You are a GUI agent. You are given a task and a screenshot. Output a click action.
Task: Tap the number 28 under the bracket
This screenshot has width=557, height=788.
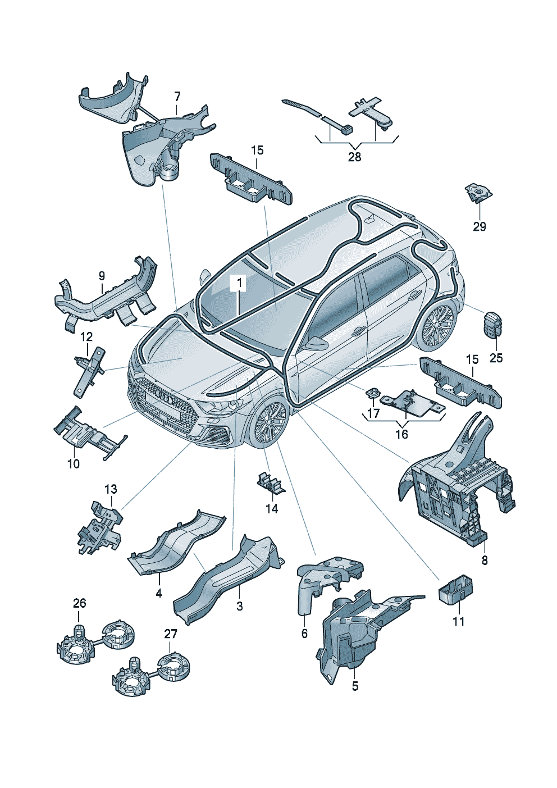pyautogui.click(x=354, y=157)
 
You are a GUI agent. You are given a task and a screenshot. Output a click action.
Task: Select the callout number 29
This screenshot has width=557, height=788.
pyautogui.click(x=480, y=226)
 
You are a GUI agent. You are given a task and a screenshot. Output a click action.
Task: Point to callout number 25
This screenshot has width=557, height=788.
pyautogui.click(x=496, y=358)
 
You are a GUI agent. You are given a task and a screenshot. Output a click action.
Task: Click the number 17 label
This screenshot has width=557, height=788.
pyautogui.click(x=373, y=413)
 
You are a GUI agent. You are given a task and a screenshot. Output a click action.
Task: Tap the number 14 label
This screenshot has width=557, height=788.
pyautogui.click(x=272, y=509)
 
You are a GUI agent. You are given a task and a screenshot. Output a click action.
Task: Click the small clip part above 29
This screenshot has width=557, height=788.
pyautogui.click(x=478, y=193)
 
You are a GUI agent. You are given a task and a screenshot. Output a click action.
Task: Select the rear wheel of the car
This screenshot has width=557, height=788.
pyautogui.click(x=436, y=323)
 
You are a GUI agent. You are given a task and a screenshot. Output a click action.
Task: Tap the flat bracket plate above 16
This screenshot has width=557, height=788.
pyautogui.click(x=412, y=400)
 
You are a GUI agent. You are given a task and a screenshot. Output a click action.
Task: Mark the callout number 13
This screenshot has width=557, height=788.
pyautogui.click(x=111, y=489)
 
